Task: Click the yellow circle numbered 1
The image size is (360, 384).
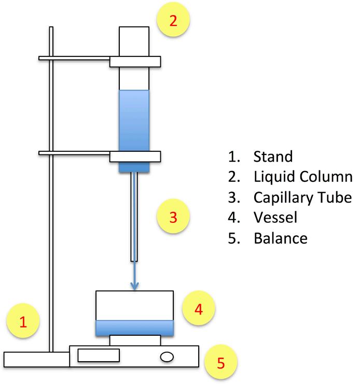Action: pos(23,321)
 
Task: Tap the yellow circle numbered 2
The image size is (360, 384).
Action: pos(173,21)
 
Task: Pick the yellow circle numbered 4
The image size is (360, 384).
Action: pos(198,309)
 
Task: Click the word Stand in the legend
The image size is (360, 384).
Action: pos(273,156)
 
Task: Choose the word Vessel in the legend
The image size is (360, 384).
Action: pos(275,218)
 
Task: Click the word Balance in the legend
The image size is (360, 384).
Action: pos(281,239)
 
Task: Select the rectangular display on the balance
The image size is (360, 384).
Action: pos(99,355)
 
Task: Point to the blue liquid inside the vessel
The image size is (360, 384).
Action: pos(134,328)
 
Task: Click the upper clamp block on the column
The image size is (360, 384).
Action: pos(134,62)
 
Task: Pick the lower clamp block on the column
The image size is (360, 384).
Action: pos(134,156)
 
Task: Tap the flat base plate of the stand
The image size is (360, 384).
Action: pos(36,359)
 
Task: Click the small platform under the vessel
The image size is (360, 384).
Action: pos(134,340)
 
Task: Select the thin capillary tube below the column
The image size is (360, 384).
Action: pos(134,218)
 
